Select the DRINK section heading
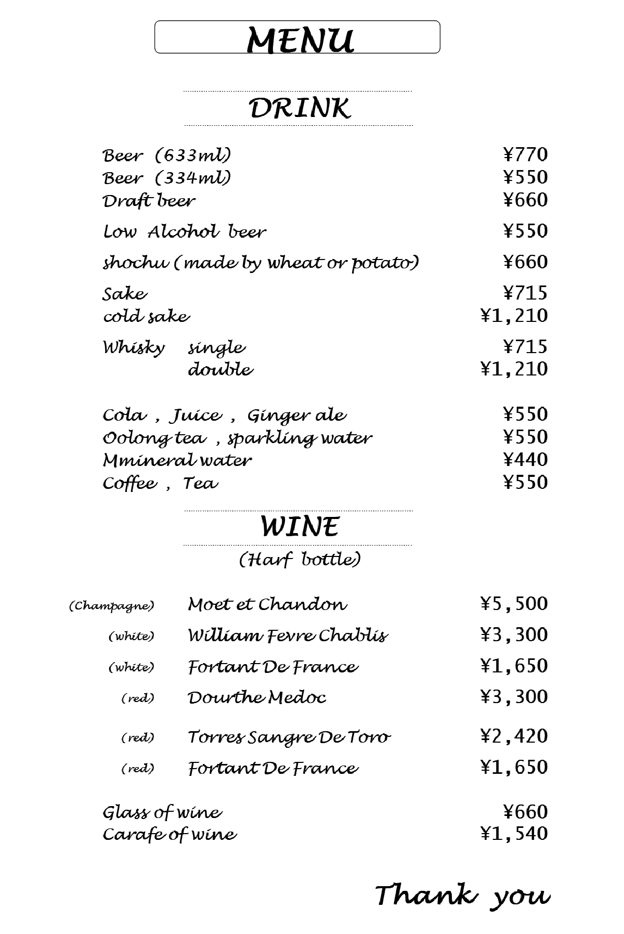pos(300,108)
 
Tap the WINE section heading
pos(300,526)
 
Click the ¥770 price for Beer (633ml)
pos(525,155)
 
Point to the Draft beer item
pos(149,201)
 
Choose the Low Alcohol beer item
pos(185,231)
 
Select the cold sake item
pos(146,316)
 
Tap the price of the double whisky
pos(514,369)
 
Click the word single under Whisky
pos(216,348)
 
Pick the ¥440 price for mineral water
pos(525,460)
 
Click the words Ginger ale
pos(296,416)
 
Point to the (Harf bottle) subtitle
pos(300,560)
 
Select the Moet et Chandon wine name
pos(267,604)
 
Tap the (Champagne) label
pos(112,606)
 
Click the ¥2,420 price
pos(514,736)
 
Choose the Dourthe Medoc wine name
pos(257,697)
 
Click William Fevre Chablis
pos(288,635)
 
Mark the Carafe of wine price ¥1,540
pos(514,834)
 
